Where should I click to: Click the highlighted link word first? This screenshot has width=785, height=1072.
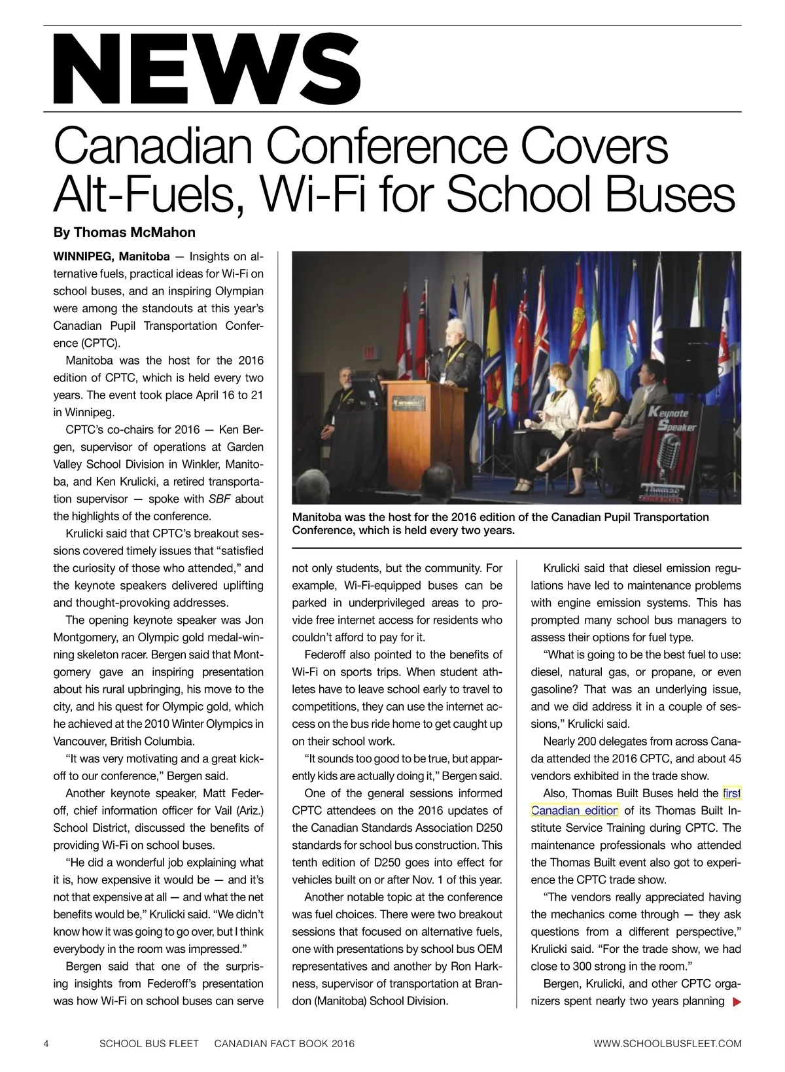(x=731, y=793)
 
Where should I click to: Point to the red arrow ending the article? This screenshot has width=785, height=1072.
(x=737, y=1001)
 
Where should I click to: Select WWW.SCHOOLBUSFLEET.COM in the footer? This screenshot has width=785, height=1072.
(x=667, y=1043)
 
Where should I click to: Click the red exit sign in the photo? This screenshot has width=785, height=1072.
(x=370, y=351)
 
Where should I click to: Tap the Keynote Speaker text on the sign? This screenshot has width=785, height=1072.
(x=669, y=420)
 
